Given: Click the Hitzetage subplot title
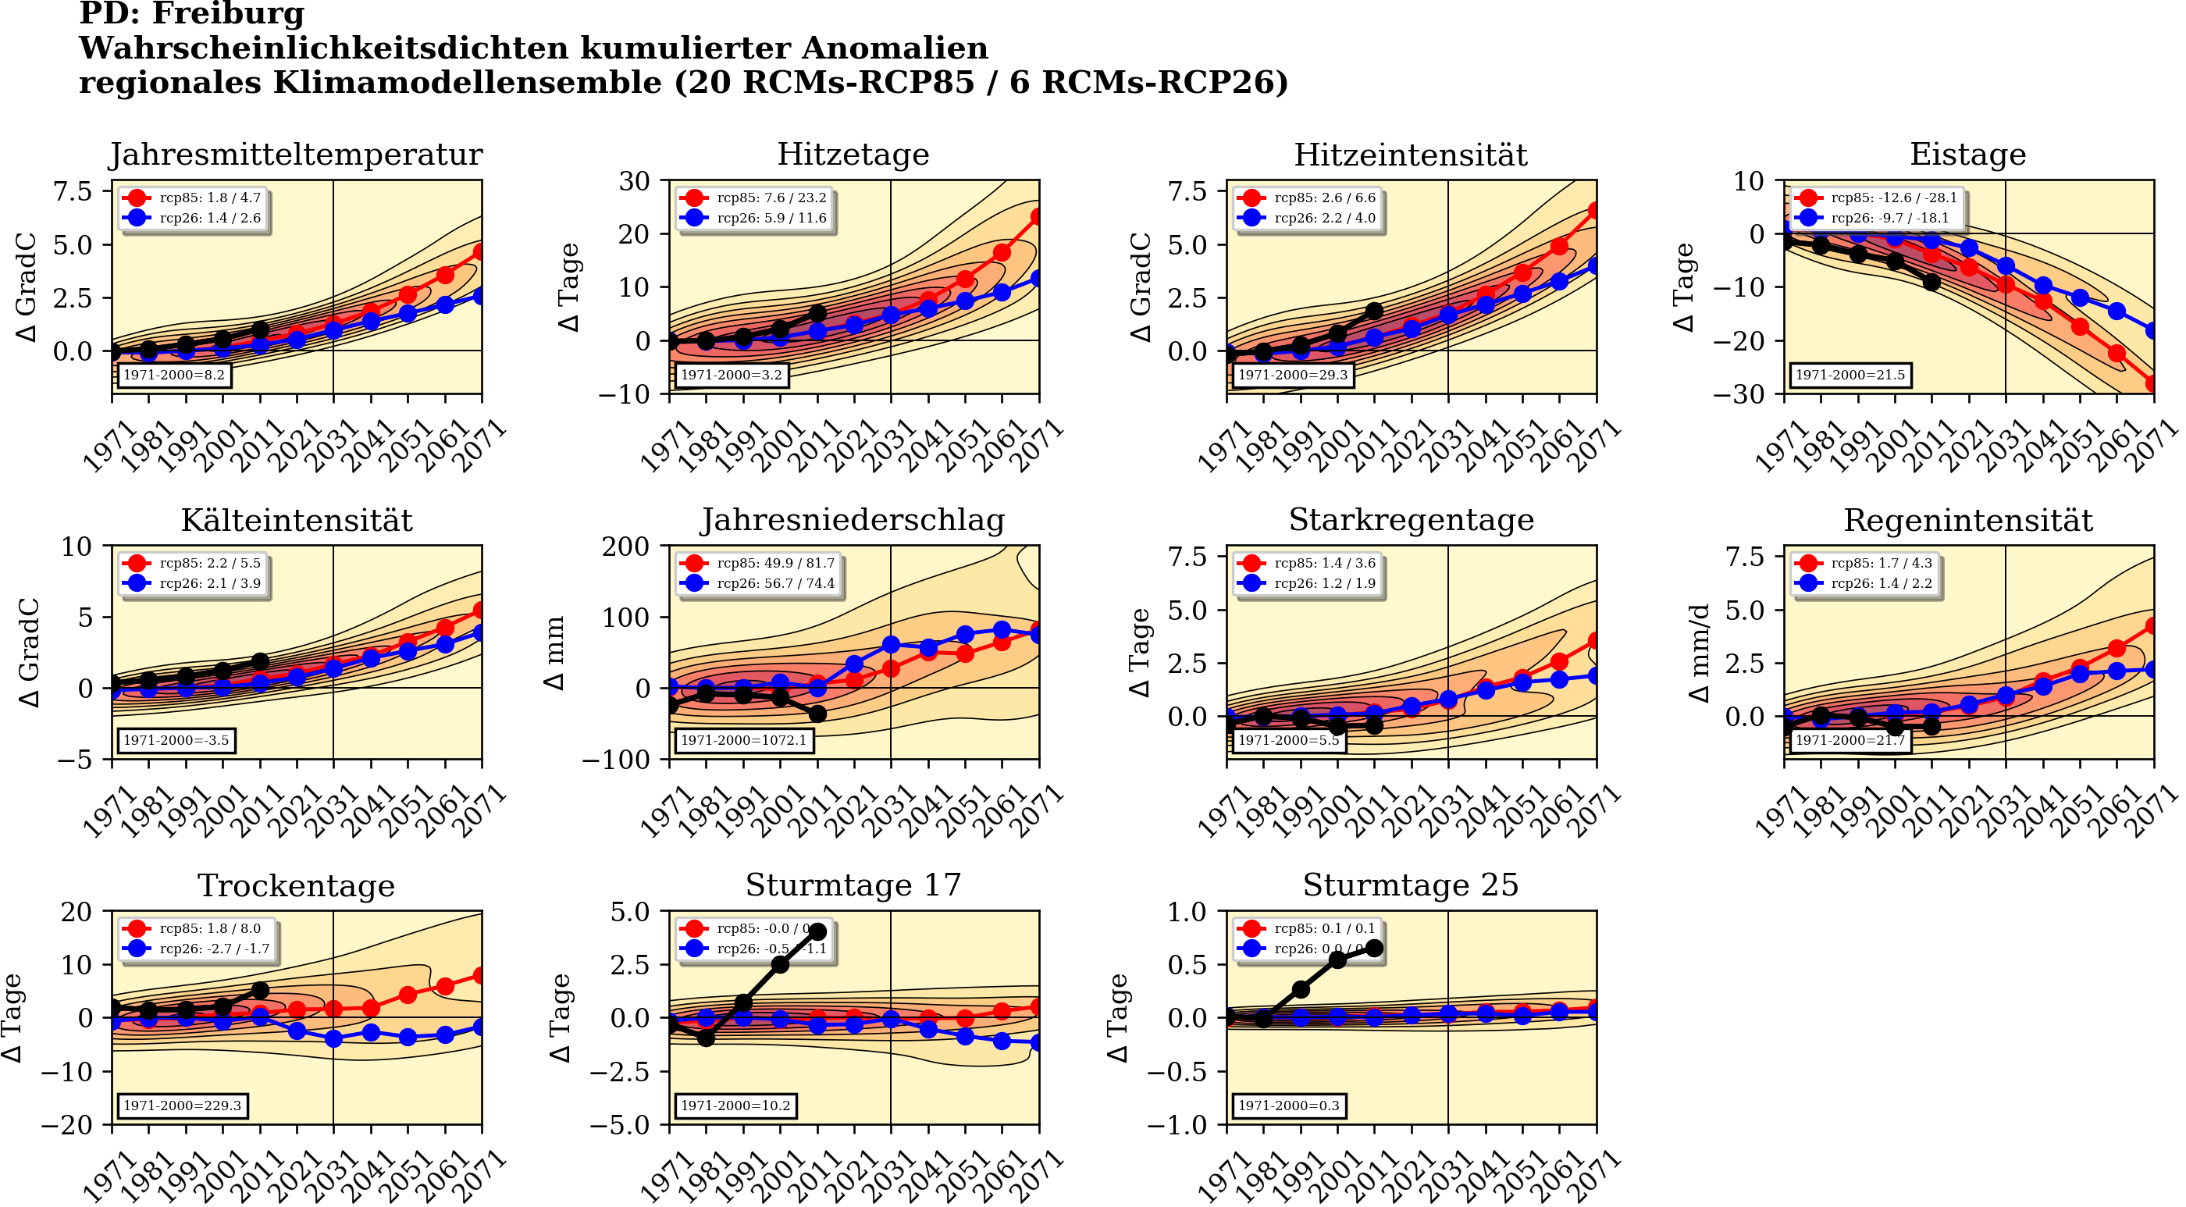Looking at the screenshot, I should point(853,155).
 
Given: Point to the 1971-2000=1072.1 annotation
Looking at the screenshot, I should point(742,740).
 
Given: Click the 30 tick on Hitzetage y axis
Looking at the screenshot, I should point(635,181).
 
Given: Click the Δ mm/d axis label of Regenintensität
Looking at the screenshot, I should point(1699,653).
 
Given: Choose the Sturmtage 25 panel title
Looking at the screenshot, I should point(1411,885).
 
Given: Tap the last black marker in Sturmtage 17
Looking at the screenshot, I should point(818,932).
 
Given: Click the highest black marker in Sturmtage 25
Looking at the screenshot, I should point(1375,948).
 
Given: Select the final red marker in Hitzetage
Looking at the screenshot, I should point(1038,217).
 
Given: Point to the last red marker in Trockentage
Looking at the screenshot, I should point(480,976).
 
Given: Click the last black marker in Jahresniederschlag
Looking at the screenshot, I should point(817,714).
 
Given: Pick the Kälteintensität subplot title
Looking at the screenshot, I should point(297,520).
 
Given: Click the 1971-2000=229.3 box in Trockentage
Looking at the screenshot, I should point(182,1106).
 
